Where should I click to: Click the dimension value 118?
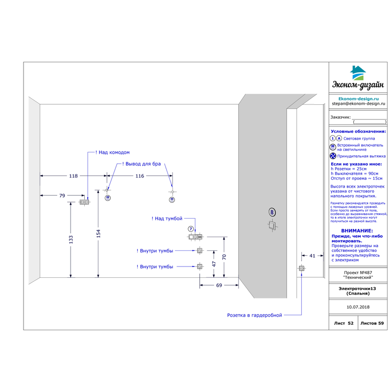[x=73, y=175]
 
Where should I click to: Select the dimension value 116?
[x=140, y=175]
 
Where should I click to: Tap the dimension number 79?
[x=62, y=196]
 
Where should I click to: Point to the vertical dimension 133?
[x=71, y=239]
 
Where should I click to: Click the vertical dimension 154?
[x=98, y=234]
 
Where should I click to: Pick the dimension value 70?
[x=224, y=257]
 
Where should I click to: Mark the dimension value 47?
[x=214, y=263]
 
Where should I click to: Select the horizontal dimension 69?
[x=219, y=285]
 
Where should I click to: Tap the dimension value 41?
[x=312, y=255]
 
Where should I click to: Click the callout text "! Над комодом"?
[x=113, y=152]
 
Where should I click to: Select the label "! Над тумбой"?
[x=167, y=219]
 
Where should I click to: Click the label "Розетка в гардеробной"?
[x=254, y=315]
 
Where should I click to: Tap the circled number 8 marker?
[x=272, y=212]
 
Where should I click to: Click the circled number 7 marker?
[x=191, y=229]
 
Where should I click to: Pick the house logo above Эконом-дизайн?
[x=358, y=73]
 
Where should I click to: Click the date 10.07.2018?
[x=358, y=307]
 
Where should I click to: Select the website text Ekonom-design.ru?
[x=358, y=98]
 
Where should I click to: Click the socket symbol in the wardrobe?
[x=302, y=269]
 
